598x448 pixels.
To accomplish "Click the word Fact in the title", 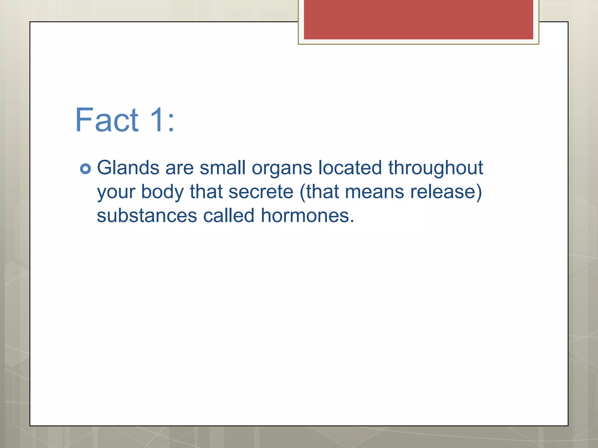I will pos(107,120).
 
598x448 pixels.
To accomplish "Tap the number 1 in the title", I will pos(157,120).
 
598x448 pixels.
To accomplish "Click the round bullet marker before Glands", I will pos(85,169).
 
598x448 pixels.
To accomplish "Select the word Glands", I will pos(128,168).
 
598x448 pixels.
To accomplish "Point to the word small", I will pos(222,168).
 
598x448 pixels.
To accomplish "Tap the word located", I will pos(350,168).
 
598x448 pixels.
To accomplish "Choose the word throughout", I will pos(436,169).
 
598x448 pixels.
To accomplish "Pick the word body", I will pos(162,192).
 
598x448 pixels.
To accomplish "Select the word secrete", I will pos(261,192).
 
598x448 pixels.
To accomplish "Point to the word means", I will pos(375,192).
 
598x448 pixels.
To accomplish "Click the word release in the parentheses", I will pos(443,192).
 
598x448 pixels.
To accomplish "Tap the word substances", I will pos(147,216).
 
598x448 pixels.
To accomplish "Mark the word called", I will pos(229,216).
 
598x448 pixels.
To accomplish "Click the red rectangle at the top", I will pos(418,20).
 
